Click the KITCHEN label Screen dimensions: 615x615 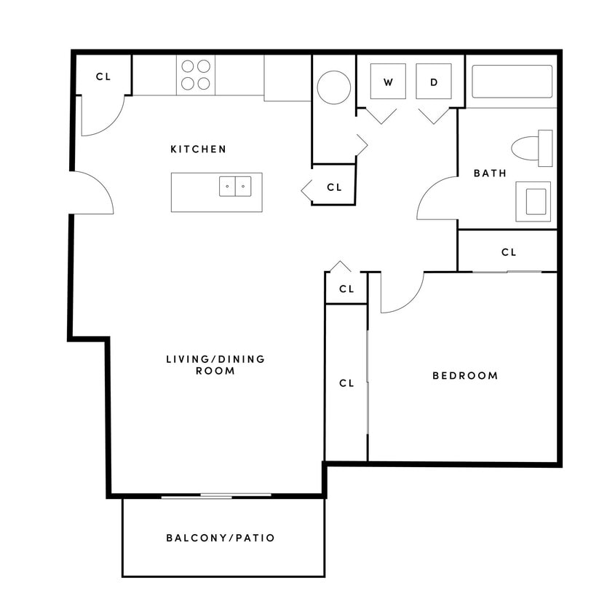tap(198, 149)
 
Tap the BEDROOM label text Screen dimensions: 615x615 tap(465, 376)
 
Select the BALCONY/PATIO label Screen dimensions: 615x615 tap(221, 538)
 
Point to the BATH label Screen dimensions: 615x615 tap(490, 173)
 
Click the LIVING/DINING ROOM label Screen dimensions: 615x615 tap(215, 364)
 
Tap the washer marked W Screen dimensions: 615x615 tap(388, 82)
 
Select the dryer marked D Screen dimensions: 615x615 tap(434, 82)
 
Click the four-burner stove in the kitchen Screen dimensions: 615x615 tap(196, 75)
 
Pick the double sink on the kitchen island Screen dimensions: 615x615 tap(235, 187)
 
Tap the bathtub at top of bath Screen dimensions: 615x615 tap(512, 82)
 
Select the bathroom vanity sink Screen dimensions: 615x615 tap(535, 201)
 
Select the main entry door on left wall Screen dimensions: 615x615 tap(92, 193)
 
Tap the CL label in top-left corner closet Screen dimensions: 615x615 tap(103, 76)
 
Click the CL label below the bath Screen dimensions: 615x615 tap(508, 252)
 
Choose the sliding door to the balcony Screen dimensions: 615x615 tap(215, 495)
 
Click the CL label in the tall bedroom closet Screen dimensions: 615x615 tap(346, 383)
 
